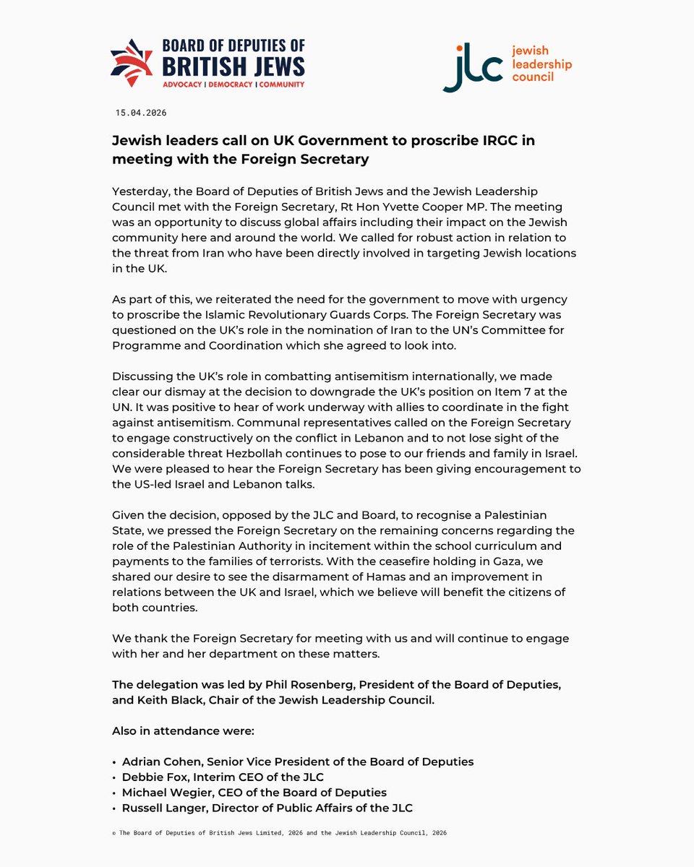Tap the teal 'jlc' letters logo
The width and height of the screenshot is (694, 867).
point(472,70)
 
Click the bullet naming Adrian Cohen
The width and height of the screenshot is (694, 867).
point(160,762)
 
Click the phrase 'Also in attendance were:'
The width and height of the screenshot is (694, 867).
point(183,731)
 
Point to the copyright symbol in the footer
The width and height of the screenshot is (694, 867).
point(114,833)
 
